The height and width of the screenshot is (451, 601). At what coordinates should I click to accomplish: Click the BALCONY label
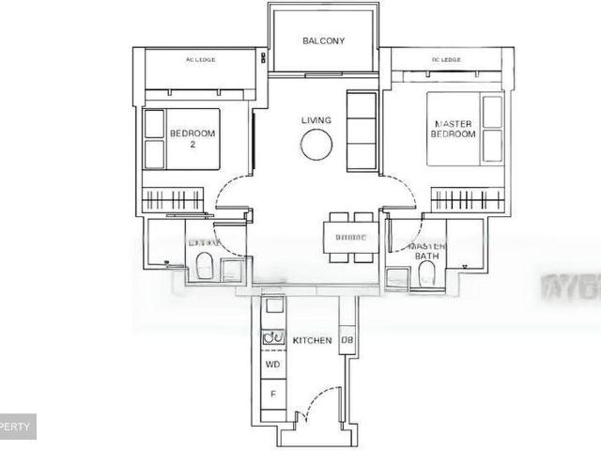click(323, 41)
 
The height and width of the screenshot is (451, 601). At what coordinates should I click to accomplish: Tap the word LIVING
click(316, 120)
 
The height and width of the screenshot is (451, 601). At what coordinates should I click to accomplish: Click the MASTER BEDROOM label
click(454, 129)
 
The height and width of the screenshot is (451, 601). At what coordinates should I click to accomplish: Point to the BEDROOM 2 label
click(193, 139)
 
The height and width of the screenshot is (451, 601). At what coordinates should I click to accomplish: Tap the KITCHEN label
click(312, 340)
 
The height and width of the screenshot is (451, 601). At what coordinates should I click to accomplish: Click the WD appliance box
click(272, 364)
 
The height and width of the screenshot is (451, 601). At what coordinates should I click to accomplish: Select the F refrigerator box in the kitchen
click(272, 395)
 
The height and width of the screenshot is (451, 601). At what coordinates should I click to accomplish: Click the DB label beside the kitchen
click(347, 340)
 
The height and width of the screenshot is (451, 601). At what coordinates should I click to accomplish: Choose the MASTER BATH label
click(426, 250)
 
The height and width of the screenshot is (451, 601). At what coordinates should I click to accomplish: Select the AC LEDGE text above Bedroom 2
click(200, 60)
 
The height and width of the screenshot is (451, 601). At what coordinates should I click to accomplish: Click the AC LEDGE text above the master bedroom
click(446, 60)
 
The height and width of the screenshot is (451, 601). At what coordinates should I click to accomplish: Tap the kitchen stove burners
click(272, 337)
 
